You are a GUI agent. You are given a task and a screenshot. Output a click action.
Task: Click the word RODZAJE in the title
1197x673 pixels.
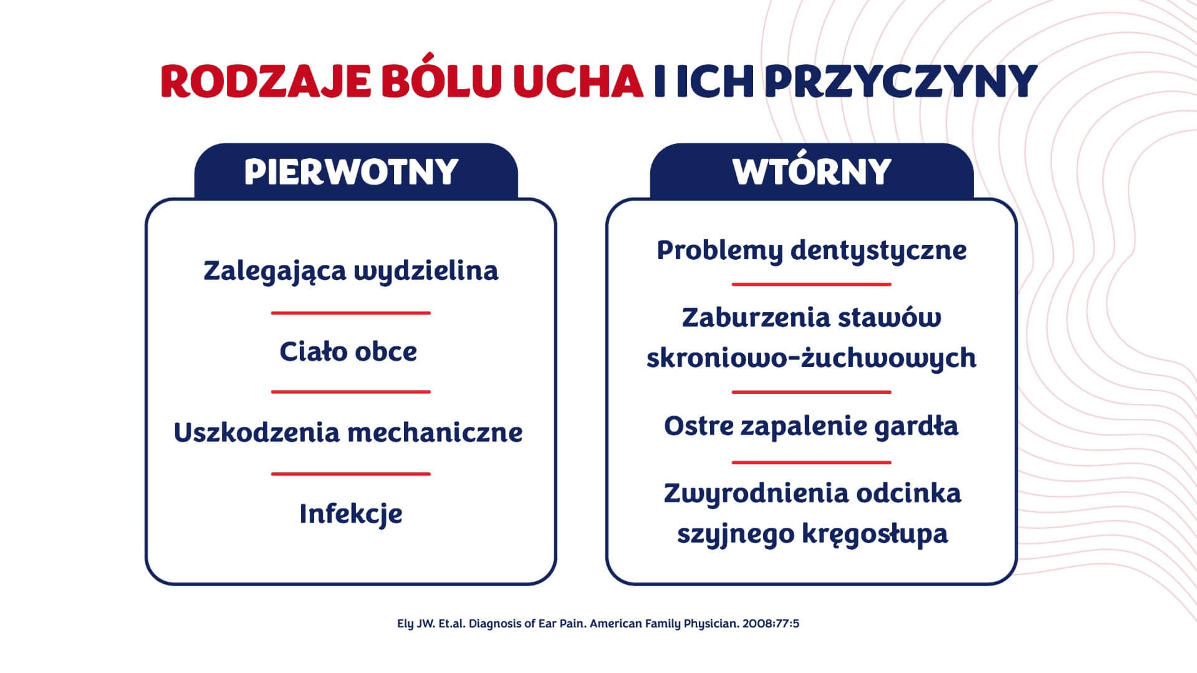coord(265,81)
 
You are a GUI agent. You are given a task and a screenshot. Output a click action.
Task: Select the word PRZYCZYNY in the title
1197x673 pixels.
coord(900,81)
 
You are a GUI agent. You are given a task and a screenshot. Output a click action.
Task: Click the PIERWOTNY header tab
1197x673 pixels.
coord(356,171)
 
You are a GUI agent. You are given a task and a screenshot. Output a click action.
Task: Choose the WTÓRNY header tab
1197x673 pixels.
coord(812,171)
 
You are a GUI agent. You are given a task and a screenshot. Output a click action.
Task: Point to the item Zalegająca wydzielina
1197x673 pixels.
coord(351,272)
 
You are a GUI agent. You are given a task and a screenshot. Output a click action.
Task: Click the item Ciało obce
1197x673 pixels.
coord(349,351)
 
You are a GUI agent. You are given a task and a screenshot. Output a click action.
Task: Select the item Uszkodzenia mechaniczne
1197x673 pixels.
coord(348,432)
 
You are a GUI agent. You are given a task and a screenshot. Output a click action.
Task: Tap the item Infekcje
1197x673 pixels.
coord(351,515)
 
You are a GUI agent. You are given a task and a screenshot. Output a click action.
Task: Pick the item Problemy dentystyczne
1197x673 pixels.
coord(812,251)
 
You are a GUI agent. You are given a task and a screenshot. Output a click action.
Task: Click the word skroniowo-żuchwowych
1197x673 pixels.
coord(811,358)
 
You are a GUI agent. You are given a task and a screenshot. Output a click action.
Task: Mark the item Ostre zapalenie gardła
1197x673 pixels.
coord(811,427)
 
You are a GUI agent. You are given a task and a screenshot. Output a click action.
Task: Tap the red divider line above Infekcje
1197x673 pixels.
coord(351,474)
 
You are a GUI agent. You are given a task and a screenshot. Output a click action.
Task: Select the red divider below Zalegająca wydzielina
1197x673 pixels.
coord(351,313)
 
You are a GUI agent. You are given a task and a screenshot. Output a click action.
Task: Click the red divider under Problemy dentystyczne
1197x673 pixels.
coord(812,284)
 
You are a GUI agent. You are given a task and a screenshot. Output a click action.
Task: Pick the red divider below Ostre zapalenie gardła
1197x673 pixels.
coord(812,462)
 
